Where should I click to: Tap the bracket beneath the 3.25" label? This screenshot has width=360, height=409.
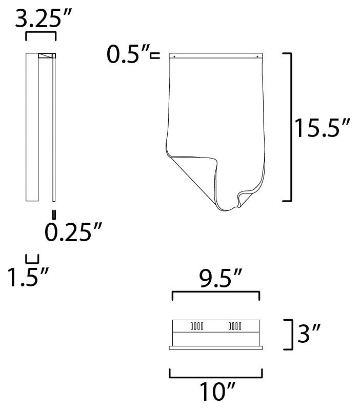(41, 35)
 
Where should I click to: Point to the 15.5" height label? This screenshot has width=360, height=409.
(322, 128)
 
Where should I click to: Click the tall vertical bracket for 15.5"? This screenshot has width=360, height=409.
(291, 126)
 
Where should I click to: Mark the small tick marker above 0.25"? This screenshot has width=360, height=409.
(53, 214)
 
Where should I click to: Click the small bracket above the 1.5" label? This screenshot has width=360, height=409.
(32, 259)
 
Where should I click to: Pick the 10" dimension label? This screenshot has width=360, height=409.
(216, 393)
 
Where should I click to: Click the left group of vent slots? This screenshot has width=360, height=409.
(197, 325)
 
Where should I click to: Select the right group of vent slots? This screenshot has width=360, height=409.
(234, 325)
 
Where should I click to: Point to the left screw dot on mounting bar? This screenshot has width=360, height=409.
(175, 55)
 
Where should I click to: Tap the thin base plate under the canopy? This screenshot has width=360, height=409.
(216, 348)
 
